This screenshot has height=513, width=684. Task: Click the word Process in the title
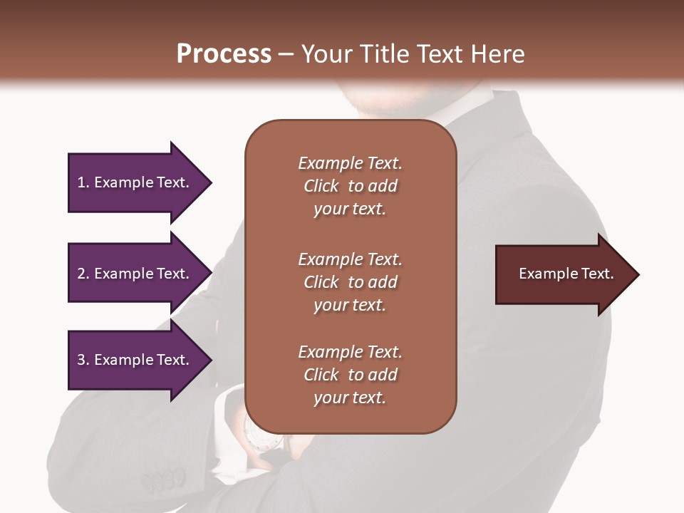[224, 54]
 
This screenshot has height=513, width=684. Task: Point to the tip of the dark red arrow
[638, 274]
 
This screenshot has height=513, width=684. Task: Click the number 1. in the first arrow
[83, 182]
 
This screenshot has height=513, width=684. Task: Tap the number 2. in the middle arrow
[83, 274]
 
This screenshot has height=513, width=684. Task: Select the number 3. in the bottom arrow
[83, 360]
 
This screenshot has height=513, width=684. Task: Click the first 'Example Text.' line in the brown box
[350, 163]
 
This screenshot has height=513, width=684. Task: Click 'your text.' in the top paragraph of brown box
[349, 209]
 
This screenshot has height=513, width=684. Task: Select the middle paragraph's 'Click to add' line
[350, 282]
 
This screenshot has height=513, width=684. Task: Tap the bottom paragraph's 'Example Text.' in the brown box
[350, 352]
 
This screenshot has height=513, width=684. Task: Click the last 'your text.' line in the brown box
[349, 398]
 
